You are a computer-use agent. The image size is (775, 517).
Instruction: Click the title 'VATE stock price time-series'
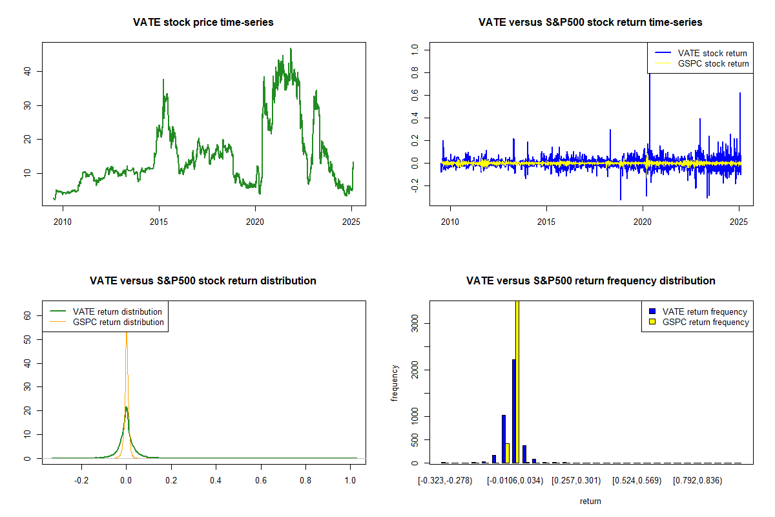point(203,23)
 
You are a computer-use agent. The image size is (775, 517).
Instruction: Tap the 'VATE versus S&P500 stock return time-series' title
point(590,23)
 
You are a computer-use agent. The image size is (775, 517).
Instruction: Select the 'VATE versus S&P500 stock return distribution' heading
point(203,281)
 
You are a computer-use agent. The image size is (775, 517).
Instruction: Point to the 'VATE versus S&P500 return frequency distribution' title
point(590,281)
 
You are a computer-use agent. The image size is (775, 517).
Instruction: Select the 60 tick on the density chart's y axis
point(28,315)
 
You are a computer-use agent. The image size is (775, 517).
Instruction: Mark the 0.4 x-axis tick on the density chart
point(216,481)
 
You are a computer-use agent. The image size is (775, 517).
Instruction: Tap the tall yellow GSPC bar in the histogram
point(517,381)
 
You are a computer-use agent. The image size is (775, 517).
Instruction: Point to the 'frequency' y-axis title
point(395,383)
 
